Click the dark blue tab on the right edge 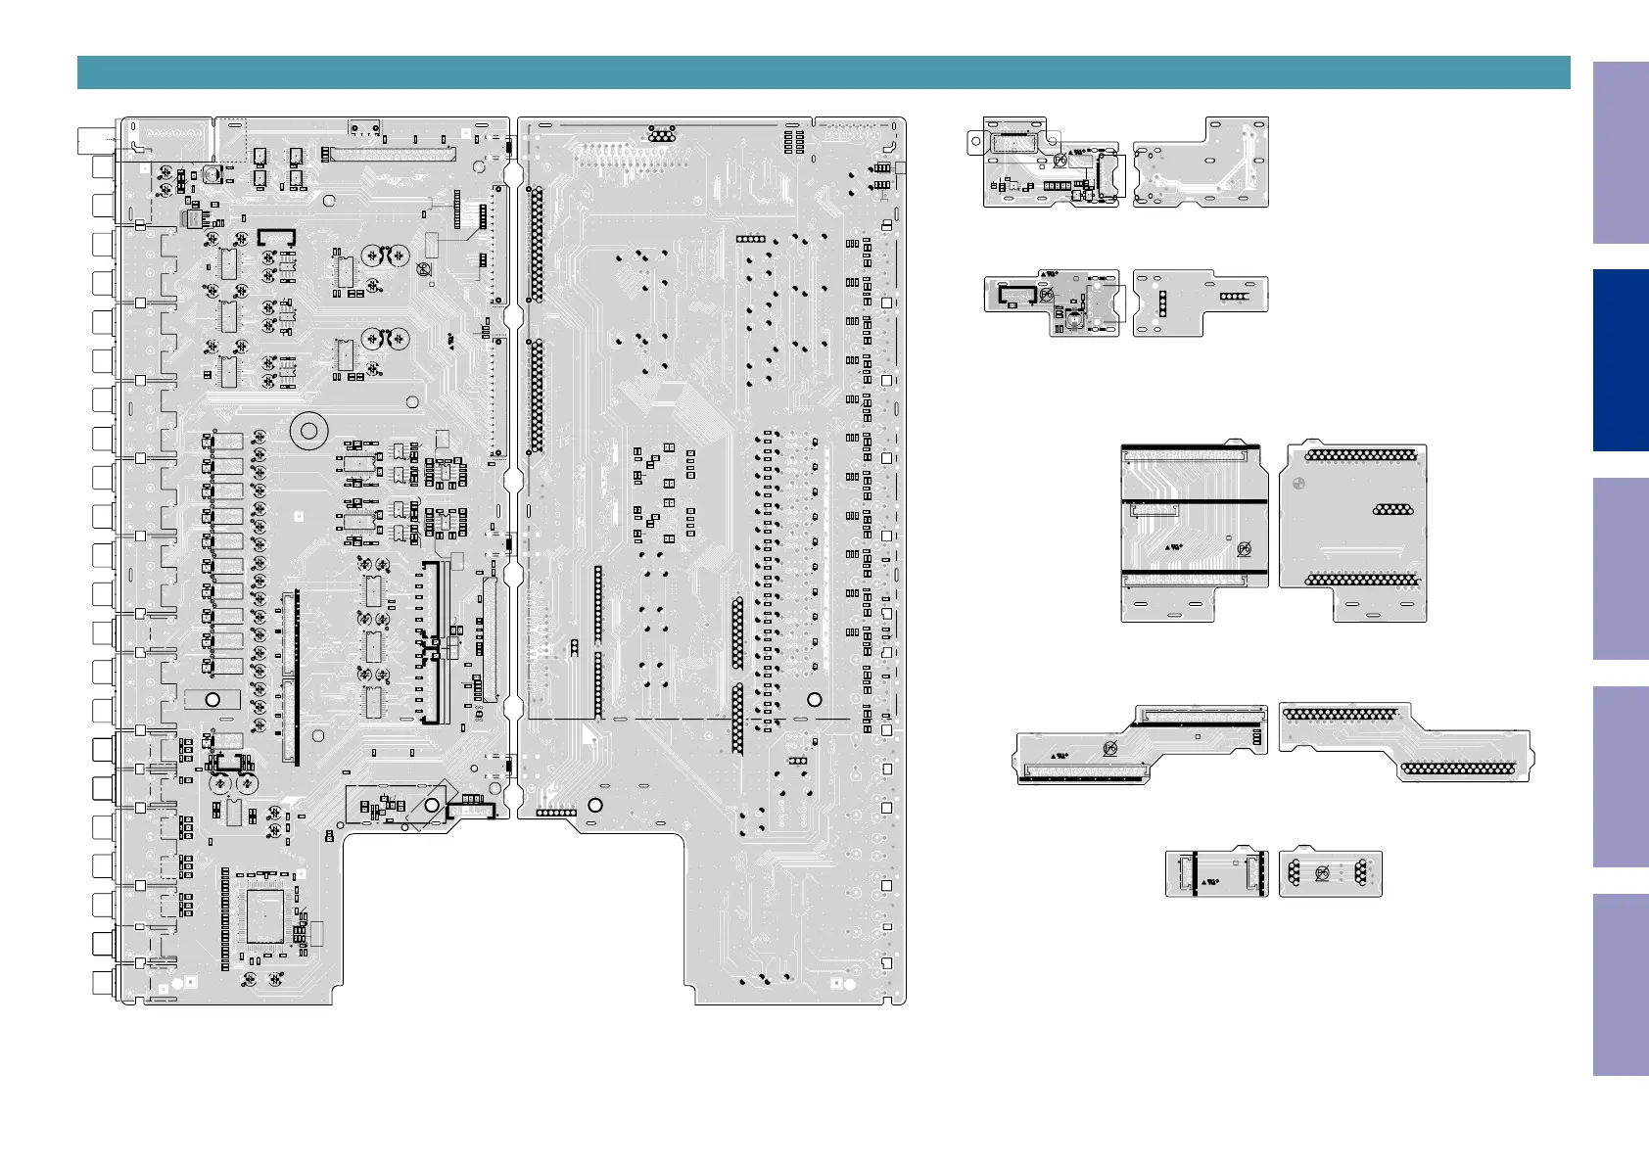[x=1621, y=360]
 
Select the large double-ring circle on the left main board [x=309, y=431]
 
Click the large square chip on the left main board [x=264, y=916]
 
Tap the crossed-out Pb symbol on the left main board [x=424, y=269]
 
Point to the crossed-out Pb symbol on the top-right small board [x=1060, y=160]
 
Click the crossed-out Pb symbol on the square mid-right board [x=1244, y=549]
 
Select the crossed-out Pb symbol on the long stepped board [x=1110, y=749]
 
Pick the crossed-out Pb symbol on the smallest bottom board [x=1322, y=873]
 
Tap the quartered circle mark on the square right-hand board [x=1298, y=483]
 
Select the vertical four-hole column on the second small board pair [x=1162, y=303]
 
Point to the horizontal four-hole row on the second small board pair [x=1234, y=295]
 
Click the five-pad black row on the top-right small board [x=1057, y=185]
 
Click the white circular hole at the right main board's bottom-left [x=594, y=805]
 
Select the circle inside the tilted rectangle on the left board [x=432, y=805]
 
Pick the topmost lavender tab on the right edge [x=1621, y=154]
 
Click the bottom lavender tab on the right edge [x=1621, y=985]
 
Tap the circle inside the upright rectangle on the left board [x=212, y=700]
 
